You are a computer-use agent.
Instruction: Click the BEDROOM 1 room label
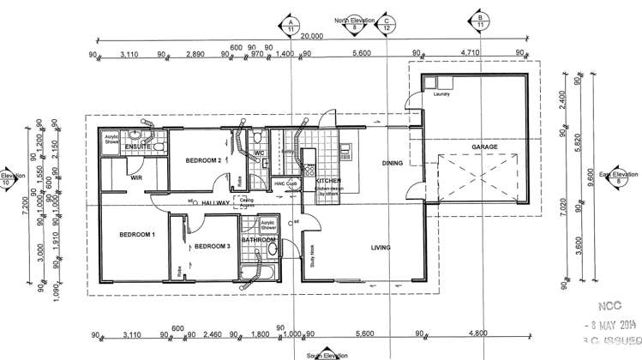click(136, 234)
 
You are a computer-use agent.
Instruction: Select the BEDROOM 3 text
click(212, 247)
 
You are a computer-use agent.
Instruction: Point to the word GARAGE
click(484, 147)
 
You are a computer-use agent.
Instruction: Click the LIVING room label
click(381, 248)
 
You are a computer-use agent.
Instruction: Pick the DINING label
click(393, 162)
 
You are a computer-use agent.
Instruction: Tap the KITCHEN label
click(329, 182)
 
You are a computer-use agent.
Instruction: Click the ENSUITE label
click(138, 147)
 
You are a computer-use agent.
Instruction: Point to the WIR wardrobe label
click(135, 177)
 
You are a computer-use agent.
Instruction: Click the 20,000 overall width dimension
click(312, 36)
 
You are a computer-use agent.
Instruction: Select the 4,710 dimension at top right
click(470, 53)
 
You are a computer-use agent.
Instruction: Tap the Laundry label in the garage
click(441, 94)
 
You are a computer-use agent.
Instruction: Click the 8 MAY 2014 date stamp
click(609, 325)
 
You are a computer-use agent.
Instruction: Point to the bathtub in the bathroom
click(258, 274)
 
